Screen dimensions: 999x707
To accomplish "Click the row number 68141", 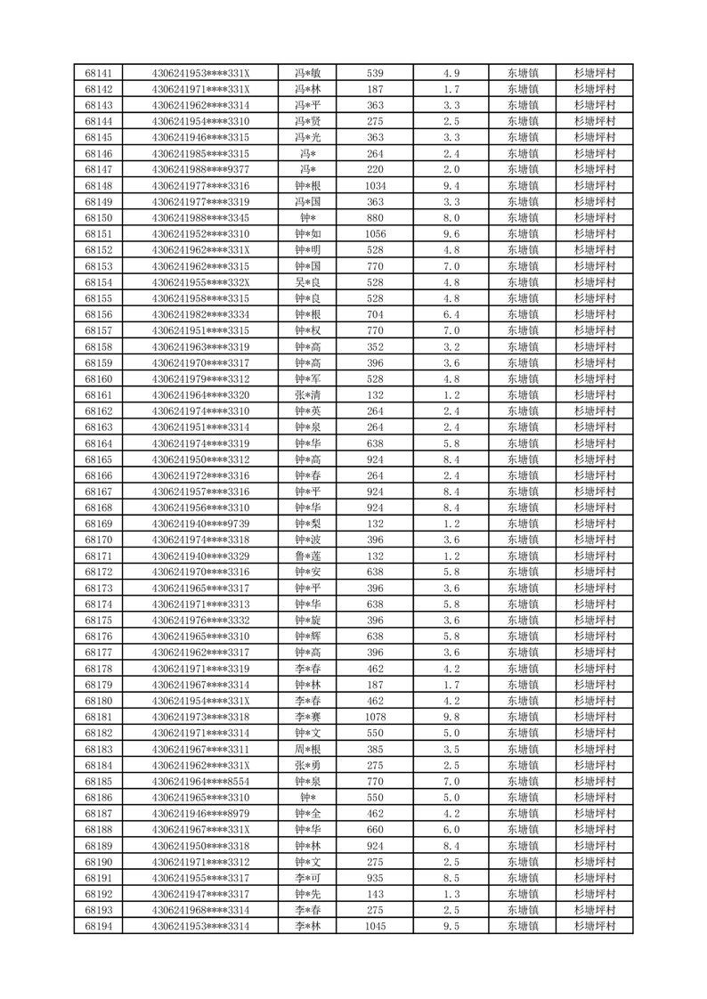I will tap(98, 73).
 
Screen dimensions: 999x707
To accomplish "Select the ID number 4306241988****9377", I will tap(200, 169).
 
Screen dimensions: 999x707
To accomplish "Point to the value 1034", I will tap(375, 185).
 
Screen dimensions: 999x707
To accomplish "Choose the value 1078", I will tap(375, 717).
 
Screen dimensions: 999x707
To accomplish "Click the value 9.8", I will tap(451, 717).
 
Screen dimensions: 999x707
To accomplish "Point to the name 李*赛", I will tap(308, 717).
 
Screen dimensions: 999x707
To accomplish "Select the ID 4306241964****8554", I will tap(200, 781).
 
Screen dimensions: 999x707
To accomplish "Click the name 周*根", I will tap(308, 749).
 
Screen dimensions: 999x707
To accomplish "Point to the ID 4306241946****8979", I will tap(200, 813).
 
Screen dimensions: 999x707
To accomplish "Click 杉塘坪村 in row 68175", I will tap(595, 620).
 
